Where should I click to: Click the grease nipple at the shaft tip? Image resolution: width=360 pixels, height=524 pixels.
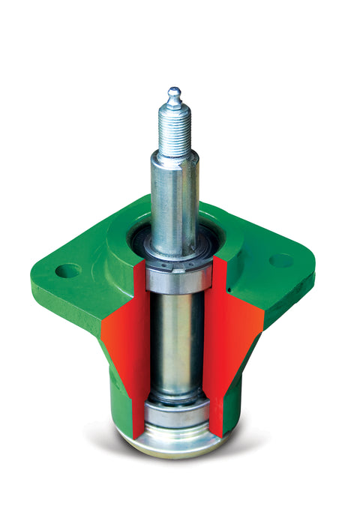coord(174,94)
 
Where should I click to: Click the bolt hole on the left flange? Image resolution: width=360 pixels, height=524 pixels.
coord(67,270)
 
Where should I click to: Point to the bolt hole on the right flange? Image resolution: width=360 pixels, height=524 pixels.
coord(281,260)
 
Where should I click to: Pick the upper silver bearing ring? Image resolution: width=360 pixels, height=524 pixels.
coord(178,278)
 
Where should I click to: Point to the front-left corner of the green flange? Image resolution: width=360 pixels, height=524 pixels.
coord(45,285)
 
